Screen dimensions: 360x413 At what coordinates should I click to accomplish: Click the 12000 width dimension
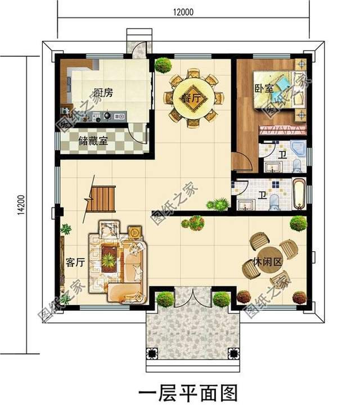point(183,12)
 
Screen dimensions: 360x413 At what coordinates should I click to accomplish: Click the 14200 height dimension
point(21,205)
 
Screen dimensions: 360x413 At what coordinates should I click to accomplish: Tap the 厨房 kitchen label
point(103,93)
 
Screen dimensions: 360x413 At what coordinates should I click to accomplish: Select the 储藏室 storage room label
point(93,141)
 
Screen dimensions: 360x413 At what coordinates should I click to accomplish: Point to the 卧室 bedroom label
point(264,89)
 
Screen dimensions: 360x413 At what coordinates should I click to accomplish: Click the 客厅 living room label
point(75,262)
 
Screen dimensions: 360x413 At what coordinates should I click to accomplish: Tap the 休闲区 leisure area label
point(267,262)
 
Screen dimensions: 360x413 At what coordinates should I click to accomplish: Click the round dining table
point(193,98)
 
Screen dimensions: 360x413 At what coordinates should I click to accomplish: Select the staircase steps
point(101,198)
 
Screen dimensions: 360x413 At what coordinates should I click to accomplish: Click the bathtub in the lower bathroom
point(299,194)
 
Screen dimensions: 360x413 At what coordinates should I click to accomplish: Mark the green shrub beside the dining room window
point(163,65)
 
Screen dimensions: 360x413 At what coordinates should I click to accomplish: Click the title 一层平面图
point(188,393)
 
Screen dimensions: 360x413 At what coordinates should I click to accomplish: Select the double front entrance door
point(193,297)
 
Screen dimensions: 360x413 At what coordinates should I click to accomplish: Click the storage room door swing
point(138,134)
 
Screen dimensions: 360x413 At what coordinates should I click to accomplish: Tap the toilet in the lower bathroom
point(274,202)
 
